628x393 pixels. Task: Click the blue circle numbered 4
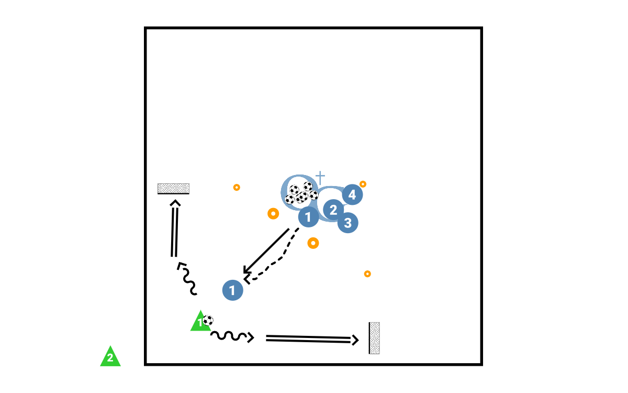(x=352, y=195)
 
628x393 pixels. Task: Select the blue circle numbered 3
(x=348, y=222)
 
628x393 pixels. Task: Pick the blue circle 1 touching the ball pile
(x=308, y=216)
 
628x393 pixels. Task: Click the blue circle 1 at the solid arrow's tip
(x=232, y=290)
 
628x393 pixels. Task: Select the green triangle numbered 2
(x=110, y=357)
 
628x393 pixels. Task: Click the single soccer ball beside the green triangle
(x=208, y=320)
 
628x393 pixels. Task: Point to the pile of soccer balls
(x=301, y=193)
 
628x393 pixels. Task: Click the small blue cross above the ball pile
(x=320, y=177)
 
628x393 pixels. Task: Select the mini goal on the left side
(x=173, y=189)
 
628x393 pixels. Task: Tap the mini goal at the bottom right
(x=374, y=338)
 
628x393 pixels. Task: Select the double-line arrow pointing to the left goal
(x=174, y=228)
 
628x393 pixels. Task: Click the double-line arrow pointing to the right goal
(x=311, y=339)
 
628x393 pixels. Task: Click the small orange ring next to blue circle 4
(x=363, y=184)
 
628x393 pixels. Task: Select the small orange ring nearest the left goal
(x=237, y=187)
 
